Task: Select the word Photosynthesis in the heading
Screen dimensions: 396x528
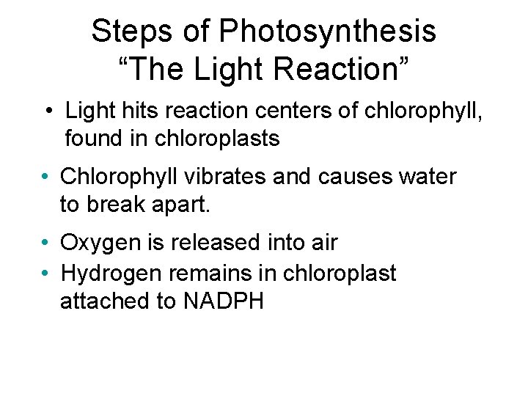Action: tap(329, 32)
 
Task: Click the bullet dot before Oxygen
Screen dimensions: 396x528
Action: tap(45, 243)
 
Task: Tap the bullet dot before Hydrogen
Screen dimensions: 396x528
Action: tap(45, 274)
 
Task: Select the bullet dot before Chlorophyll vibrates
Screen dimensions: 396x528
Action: tap(45, 177)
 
